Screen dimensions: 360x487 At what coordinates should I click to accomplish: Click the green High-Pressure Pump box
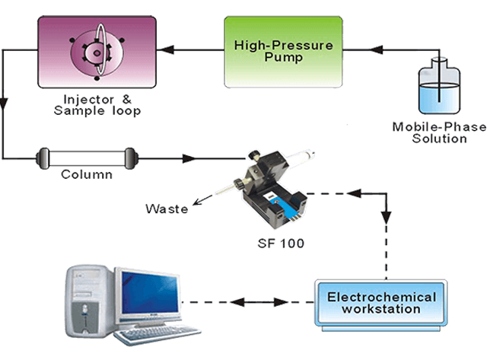click(x=283, y=51)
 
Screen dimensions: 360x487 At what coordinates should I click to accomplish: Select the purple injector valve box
click(x=97, y=51)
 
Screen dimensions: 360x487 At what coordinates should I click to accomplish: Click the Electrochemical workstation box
click(x=381, y=304)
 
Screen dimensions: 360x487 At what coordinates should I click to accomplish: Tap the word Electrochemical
click(x=381, y=297)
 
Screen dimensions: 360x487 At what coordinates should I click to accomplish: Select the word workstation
click(x=381, y=310)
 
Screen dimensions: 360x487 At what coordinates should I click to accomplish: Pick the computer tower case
click(x=88, y=301)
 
